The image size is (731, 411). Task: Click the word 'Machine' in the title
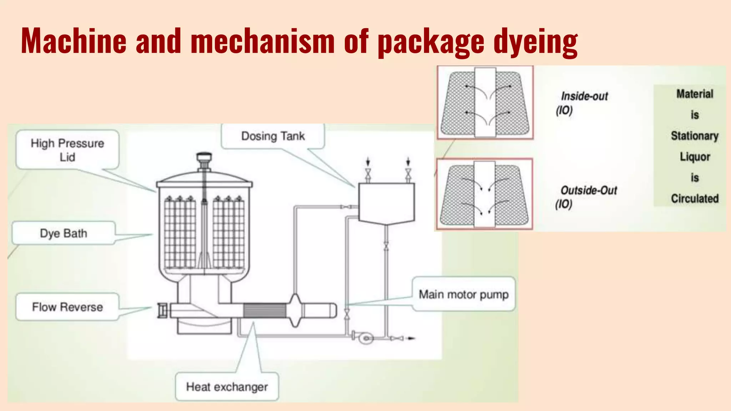[x=74, y=41]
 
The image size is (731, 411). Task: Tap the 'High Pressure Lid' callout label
[x=67, y=150]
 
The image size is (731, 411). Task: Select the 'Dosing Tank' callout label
[x=273, y=136]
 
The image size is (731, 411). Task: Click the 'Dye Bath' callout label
[x=64, y=233]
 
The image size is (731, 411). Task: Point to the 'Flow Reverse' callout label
[x=67, y=307]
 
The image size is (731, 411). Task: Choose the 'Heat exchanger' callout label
[x=227, y=387]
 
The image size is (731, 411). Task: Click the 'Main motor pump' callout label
[x=464, y=295]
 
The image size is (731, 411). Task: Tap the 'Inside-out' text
[x=584, y=96]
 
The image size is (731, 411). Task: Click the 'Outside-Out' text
[x=589, y=191]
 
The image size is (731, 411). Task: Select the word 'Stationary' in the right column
[x=695, y=136]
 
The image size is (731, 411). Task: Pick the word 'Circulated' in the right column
[x=695, y=199]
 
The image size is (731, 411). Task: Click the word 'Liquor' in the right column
[x=695, y=157]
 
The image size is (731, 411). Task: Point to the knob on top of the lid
[x=204, y=157]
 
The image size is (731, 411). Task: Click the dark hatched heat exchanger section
[x=264, y=310]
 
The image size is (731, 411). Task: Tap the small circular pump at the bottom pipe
[x=365, y=338]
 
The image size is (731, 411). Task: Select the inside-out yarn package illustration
[x=485, y=103]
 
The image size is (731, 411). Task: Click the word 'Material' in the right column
[x=695, y=94]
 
